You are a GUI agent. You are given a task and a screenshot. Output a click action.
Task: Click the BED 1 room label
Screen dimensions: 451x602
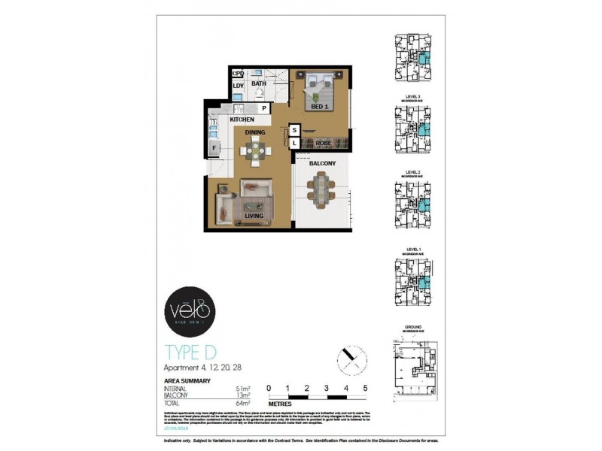point(321,107)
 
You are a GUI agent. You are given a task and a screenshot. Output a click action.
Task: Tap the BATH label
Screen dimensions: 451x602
point(259,83)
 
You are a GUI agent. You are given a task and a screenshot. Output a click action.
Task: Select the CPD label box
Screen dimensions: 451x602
point(238,74)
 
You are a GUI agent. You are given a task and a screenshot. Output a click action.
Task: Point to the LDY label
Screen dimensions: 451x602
point(238,86)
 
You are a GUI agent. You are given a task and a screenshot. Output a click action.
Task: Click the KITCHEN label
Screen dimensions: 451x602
point(242,120)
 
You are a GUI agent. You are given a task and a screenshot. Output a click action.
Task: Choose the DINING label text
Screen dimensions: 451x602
point(254,132)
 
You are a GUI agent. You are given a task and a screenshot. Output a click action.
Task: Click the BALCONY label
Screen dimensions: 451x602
point(322,163)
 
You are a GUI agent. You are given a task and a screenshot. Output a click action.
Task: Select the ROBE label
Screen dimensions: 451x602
point(324,142)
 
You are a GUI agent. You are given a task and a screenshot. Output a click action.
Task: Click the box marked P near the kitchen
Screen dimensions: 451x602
point(264,108)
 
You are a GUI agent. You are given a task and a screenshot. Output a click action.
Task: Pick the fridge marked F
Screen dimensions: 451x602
point(214,148)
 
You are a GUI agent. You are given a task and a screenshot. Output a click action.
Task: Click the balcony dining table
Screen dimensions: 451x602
point(322,189)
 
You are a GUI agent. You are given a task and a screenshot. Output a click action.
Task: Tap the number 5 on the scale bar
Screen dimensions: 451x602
point(365,388)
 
